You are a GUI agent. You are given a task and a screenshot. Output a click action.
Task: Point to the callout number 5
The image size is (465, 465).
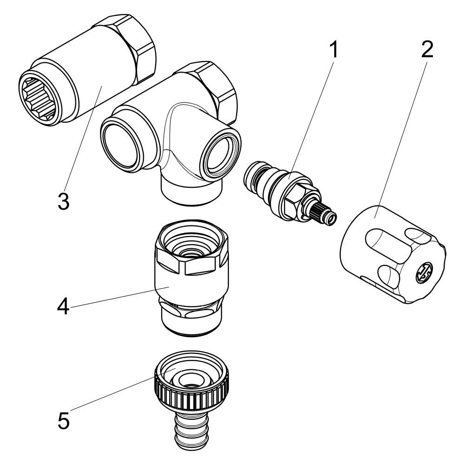[63, 419]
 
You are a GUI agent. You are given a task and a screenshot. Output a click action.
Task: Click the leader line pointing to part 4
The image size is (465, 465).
[119, 297]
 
